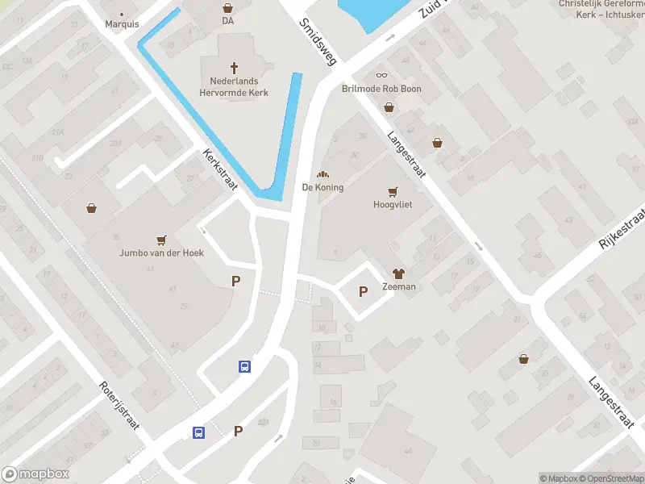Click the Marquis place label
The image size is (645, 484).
[x=122, y=23]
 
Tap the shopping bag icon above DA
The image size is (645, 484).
[x=227, y=7]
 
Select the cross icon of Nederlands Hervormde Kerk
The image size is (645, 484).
[x=235, y=68]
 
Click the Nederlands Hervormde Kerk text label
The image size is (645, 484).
[x=239, y=87]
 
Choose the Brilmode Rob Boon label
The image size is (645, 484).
[x=381, y=89]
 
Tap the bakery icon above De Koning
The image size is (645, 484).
[x=322, y=174]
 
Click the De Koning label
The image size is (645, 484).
[x=322, y=187]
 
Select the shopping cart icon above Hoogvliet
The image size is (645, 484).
[x=393, y=192]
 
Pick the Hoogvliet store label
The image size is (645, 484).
[x=393, y=205]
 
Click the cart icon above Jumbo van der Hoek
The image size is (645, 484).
[x=161, y=240]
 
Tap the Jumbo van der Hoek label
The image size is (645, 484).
[x=161, y=252]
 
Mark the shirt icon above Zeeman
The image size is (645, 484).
[x=399, y=273]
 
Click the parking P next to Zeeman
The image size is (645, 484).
[x=363, y=291]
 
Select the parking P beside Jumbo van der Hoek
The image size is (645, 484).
[x=236, y=282]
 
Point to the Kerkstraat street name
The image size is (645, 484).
[x=219, y=169]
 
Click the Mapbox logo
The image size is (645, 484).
[x=35, y=474]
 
